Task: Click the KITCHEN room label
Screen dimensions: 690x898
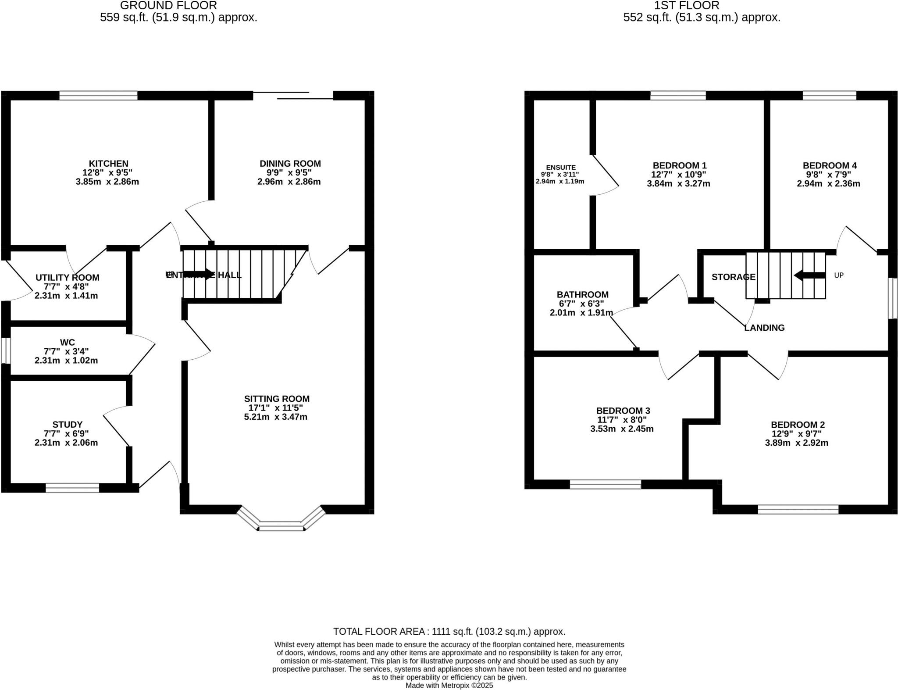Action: click(108, 164)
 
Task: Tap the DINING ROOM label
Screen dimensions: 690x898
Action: click(290, 164)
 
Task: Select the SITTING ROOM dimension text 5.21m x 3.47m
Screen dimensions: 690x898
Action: click(275, 417)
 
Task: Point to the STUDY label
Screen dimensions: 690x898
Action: click(67, 424)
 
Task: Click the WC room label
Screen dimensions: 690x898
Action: click(67, 342)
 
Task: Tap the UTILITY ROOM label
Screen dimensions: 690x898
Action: click(67, 278)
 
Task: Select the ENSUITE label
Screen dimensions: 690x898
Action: click(560, 168)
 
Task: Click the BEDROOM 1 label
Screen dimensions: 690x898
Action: click(679, 165)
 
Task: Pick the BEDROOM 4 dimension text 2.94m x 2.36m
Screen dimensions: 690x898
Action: click(828, 184)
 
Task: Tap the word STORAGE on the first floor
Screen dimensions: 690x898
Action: click(733, 277)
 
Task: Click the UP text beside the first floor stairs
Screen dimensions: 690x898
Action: click(838, 275)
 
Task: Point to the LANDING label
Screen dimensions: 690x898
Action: click(764, 328)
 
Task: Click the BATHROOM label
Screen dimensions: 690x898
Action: click(582, 295)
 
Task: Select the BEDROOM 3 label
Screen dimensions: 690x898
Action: click(623, 411)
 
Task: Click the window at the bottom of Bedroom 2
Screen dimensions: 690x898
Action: click(798, 509)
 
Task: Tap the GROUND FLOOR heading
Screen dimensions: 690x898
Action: click(168, 6)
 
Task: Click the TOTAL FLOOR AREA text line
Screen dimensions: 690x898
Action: click(449, 631)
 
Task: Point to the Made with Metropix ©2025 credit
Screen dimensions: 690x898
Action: click(449, 685)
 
